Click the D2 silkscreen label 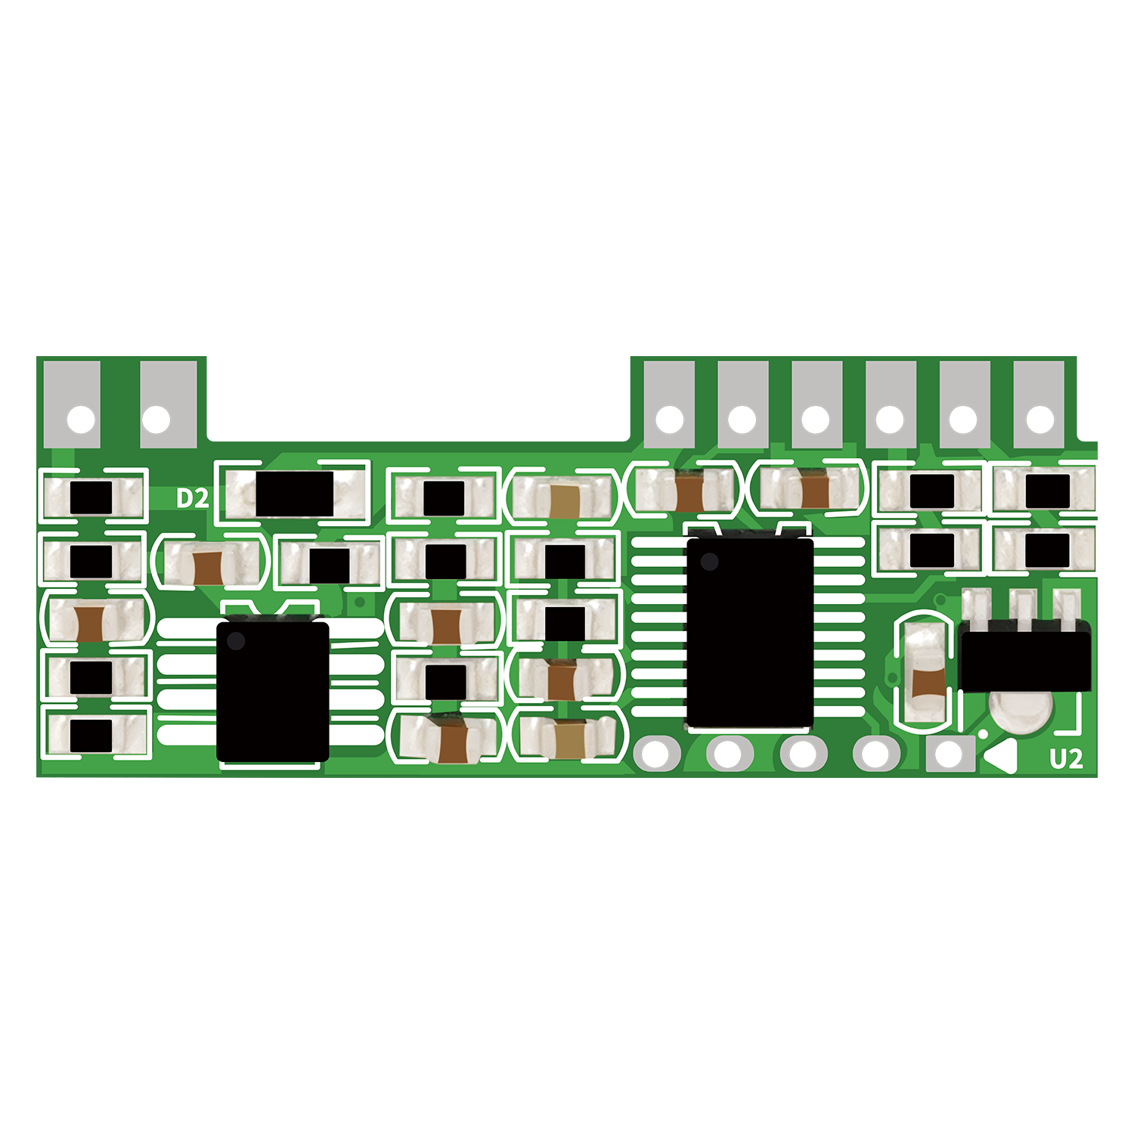point(192,498)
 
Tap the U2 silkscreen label point(1066,759)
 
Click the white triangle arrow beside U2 point(999,758)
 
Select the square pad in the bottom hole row point(950,754)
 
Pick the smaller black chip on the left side point(273,692)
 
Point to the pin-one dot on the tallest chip point(709,562)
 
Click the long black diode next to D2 point(295,494)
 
